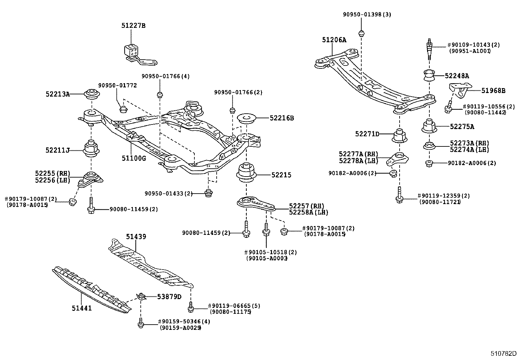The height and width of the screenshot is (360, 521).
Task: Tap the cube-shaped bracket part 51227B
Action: click(131, 50)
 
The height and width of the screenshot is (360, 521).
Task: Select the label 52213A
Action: click(58, 94)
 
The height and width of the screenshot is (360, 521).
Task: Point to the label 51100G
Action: click(134, 159)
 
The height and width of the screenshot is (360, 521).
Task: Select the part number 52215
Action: click(281, 175)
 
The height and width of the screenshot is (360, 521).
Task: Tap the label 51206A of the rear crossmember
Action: click(334, 40)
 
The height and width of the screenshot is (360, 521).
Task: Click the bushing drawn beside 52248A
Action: click(429, 76)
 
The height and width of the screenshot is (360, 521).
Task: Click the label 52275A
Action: click(462, 127)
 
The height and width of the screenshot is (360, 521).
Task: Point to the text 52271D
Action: click(367, 134)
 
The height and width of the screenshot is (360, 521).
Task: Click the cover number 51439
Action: click(136, 237)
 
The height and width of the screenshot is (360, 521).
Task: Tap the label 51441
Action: click(82, 308)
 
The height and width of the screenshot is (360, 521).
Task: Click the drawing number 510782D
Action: click(503, 353)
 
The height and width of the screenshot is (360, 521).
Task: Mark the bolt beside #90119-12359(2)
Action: click(399, 196)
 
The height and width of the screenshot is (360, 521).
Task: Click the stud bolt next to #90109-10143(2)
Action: click(429, 48)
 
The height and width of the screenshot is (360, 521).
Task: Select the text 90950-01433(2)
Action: click(169, 194)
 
